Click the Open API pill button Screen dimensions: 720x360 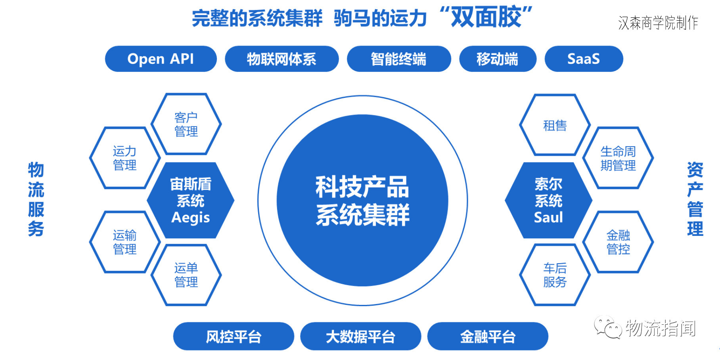[161, 59]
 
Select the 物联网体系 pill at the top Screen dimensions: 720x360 [281, 59]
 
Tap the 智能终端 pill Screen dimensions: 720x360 [398, 59]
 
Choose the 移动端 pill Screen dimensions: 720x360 [497, 59]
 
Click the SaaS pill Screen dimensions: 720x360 [583, 59]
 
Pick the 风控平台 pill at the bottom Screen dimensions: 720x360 [234, 336]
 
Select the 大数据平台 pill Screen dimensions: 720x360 [360, 336]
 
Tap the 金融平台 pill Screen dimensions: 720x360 [487, 336]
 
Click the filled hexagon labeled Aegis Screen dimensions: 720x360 [190, 200]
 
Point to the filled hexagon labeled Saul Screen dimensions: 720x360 [548, 200]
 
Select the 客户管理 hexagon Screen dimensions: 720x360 [186, 124]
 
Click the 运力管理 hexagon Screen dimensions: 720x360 [124, 158]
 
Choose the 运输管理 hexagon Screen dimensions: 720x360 [124, 242]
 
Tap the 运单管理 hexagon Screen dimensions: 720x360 [186, 275]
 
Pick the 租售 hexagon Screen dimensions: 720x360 [555, 125]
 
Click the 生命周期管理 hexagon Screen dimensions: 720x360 [618, 158]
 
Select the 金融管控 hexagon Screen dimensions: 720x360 [618, 242]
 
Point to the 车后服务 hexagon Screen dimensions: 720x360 [555, 275]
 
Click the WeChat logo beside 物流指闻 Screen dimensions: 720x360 [607, 327]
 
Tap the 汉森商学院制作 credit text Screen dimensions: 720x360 [658, 23]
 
